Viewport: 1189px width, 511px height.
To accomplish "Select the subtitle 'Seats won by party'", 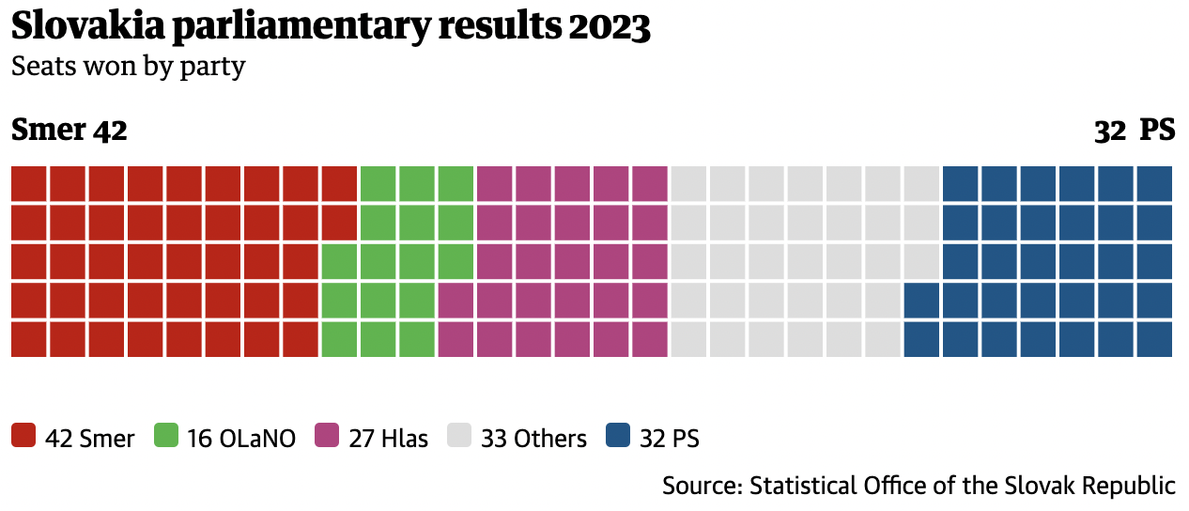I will click(128, 67).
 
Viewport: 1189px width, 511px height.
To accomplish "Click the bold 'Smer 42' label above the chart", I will click(69, 131).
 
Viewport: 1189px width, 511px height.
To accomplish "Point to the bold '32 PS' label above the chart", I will click(1135, 131).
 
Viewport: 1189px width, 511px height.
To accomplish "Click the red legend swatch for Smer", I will click(23, 437).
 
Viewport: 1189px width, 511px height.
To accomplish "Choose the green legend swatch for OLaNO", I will click(166, 437).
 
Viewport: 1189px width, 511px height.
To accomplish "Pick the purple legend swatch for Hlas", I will click(327, 437).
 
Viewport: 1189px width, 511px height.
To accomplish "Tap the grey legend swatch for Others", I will click(459, 437).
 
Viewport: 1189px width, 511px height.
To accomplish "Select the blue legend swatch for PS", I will click(618, 437).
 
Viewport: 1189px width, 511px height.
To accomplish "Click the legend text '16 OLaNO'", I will click(241, 439).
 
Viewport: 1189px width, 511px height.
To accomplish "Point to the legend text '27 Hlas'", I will click(388, 439).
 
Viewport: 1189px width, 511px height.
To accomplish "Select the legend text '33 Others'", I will click(533, 439).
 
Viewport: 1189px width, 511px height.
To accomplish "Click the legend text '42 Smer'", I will click(90, 439).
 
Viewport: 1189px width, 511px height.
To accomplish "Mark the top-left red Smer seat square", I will click(28, 183).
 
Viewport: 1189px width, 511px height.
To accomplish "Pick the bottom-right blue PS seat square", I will click(1154, 339).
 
